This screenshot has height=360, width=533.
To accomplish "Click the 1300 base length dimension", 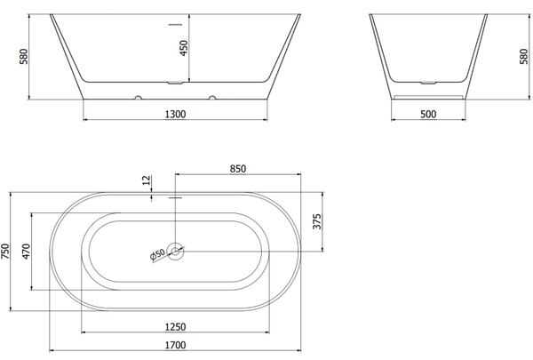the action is click(x=175, y=114).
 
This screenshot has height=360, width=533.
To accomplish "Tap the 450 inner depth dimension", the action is click(x=183, y=48).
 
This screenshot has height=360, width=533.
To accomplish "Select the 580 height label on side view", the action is click(x=23, y=57).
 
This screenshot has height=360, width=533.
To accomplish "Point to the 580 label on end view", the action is click(x=524, y=56).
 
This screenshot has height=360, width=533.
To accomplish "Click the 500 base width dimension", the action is click(x=428, y=114).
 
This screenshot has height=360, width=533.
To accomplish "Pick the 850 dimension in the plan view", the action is click(x=237, y=169).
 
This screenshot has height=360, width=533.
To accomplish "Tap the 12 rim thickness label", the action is click(x=147, y=180).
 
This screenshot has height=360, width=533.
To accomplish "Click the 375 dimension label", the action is click(x=316, y=221).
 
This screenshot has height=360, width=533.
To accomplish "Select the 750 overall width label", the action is click(x=6, y=252).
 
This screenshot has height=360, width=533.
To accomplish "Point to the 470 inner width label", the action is click(x=26, y=252).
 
